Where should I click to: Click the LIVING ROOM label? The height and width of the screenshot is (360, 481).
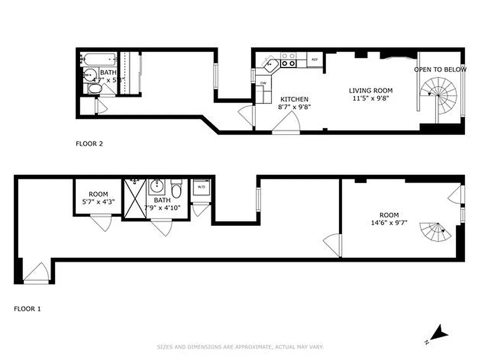tap(371, 90)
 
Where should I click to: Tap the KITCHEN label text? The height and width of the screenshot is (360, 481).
tap(295, 99)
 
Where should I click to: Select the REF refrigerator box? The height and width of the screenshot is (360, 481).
tap(314, 59)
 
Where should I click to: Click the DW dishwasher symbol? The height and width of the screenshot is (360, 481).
tap(263, 83)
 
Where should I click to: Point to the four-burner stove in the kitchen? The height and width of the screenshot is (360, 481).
tap(288, 60)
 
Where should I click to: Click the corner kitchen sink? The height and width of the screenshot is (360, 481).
tap(270, 63)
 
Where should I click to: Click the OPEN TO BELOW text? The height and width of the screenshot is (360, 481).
tap(440, 70)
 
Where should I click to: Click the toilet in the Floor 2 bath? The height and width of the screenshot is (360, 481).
tap(95, 88)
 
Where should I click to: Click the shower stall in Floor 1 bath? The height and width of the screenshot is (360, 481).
tap(135, 198)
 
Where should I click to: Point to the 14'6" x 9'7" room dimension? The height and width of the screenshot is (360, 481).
tap(389, 222)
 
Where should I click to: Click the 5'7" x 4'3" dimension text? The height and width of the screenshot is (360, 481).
tap(98, 202)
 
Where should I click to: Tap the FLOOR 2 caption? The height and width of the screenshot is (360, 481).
tap(89, 144)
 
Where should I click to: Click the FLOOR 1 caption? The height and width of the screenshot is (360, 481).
tap(27, 309)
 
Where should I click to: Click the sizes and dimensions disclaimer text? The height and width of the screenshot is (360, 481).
tap(240, 347)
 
